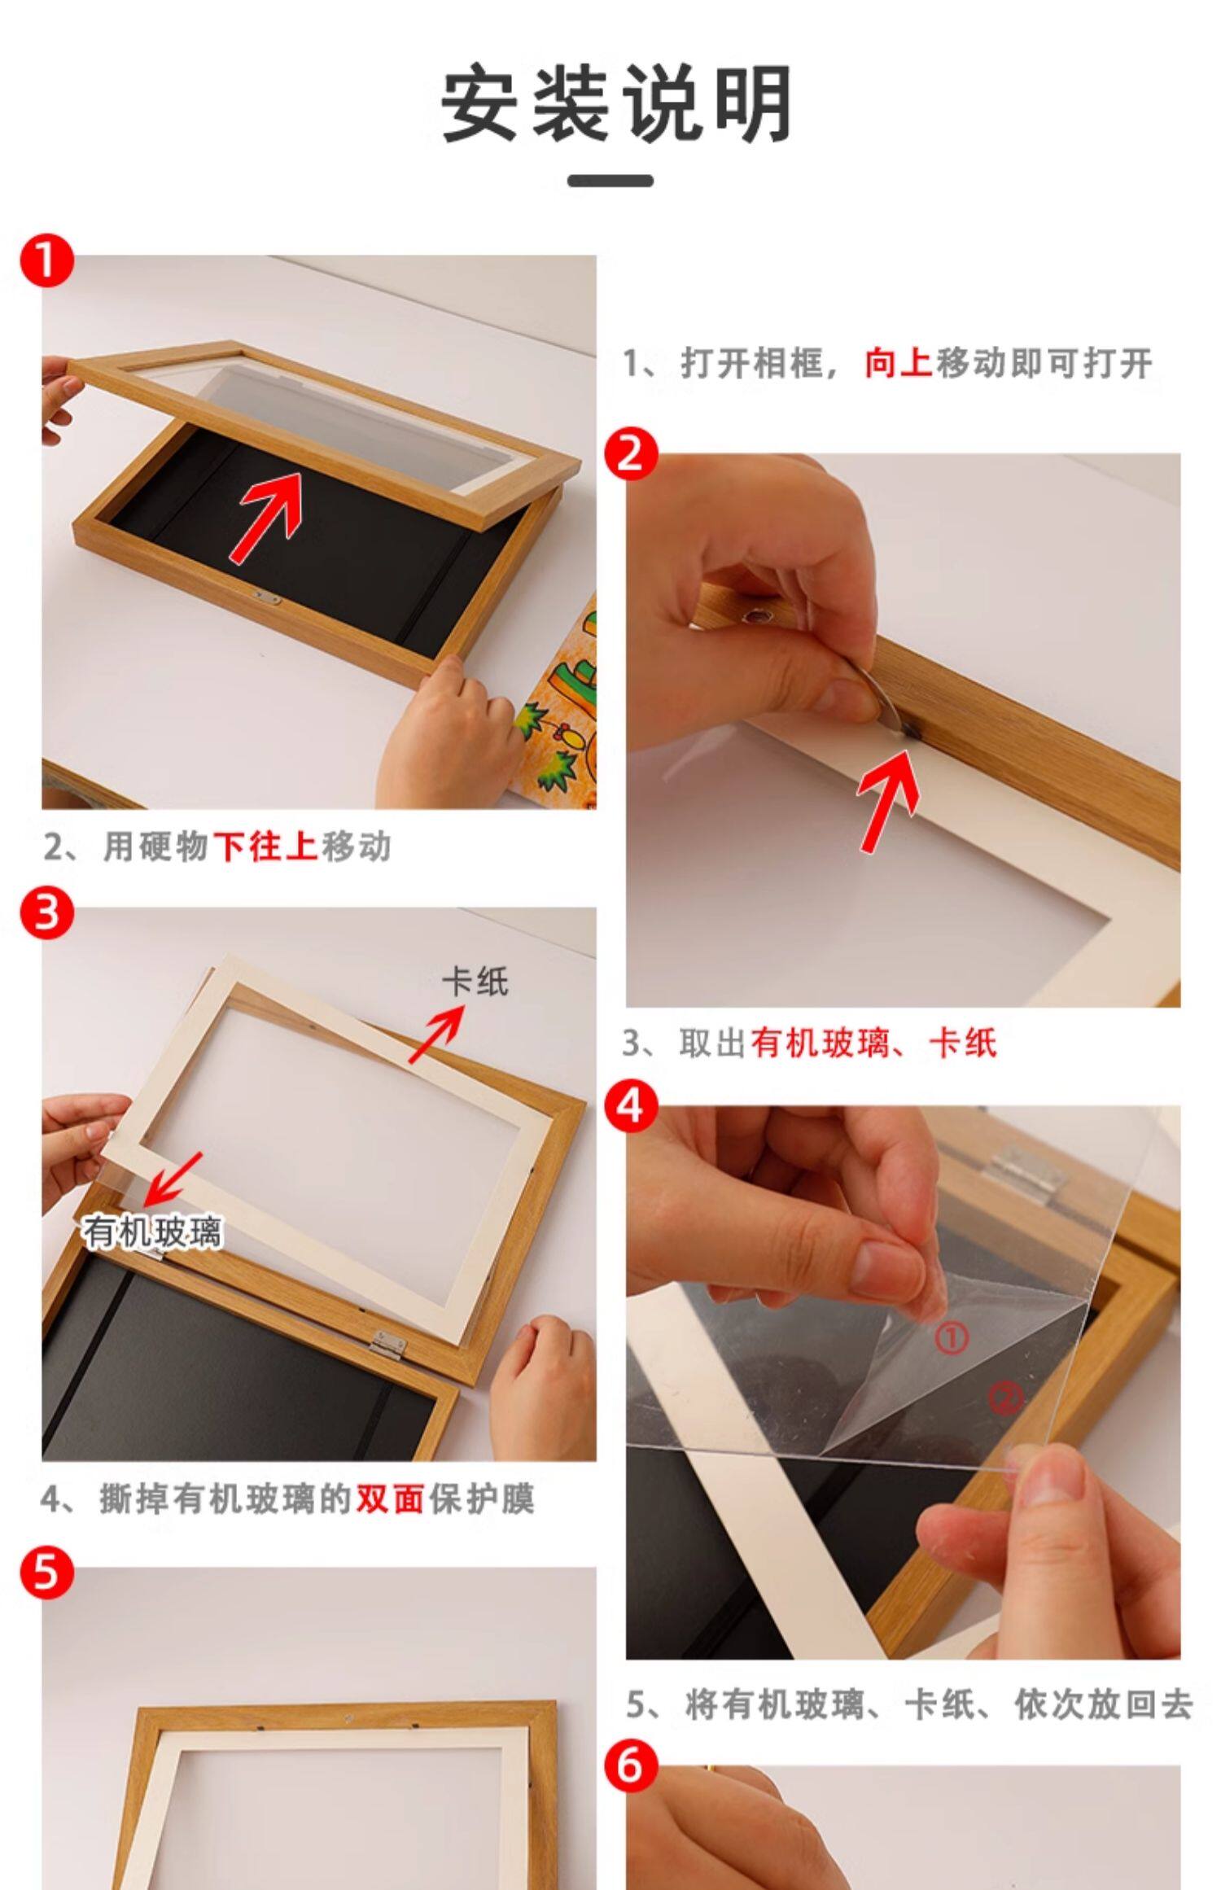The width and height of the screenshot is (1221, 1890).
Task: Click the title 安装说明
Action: (x=616, y=105)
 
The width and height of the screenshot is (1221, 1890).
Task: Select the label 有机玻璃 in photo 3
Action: (x=151, y=1232)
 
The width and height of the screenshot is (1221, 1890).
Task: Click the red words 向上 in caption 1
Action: (x=898, y=363)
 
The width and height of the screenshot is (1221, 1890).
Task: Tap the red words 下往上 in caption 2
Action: (x=265, y=847)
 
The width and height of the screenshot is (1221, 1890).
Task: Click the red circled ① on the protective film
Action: (x=949, y=1337)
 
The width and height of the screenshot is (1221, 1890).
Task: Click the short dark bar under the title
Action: (x=610, y=180)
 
